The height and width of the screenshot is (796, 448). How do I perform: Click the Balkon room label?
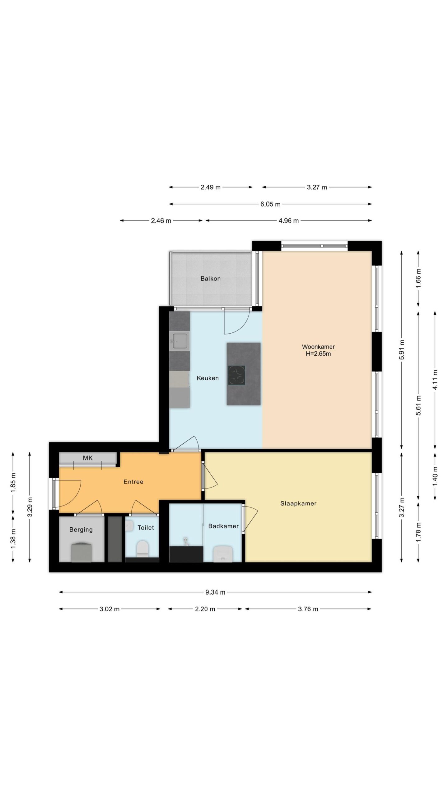[210, 279]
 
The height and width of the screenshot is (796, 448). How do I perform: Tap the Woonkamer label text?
[318, 347]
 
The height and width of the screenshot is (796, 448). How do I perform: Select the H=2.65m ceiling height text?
[318, 354]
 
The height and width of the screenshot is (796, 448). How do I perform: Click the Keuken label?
[208, 378]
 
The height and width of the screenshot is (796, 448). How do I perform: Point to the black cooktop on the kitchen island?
[236, 375]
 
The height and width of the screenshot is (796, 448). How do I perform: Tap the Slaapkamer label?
[298, 503]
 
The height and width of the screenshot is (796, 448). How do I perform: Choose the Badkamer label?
[223, 526]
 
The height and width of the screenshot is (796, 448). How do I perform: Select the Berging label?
[81, 530]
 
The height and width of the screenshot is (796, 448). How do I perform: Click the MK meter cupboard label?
[88, 458]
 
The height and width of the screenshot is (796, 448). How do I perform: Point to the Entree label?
[133, 482]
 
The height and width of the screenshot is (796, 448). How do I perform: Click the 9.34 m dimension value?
[215, 592]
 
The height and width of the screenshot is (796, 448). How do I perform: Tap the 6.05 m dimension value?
[270, 204]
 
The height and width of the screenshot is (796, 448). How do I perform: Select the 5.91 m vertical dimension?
[402, 350]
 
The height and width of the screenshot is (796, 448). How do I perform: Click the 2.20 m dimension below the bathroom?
[205, 609]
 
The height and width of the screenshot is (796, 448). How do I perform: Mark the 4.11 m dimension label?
[435, 379]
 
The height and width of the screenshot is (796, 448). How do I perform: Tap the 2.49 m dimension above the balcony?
[210, 187]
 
